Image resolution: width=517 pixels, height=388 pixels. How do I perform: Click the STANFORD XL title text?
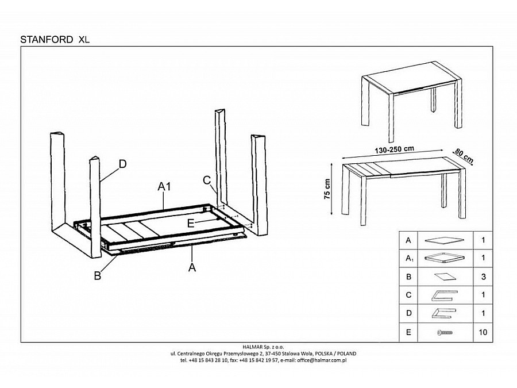pos(55,40)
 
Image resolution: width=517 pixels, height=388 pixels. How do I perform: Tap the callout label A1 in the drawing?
pos(165,186)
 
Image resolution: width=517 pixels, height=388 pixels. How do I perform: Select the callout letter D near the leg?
pos(122,164)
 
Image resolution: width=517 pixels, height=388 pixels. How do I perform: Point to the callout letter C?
pos(207,180)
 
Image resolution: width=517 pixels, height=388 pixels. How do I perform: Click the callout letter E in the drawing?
pos(191,222)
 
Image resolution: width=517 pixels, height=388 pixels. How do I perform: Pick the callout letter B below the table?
pos(98,275)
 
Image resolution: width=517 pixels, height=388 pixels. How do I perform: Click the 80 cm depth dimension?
pos(464,154)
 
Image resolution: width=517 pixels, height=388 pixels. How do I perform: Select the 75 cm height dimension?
pos(327,189)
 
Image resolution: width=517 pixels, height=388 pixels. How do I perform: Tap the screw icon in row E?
pos(443,333)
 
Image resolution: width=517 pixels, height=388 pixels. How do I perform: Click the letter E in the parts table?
pos(408,332)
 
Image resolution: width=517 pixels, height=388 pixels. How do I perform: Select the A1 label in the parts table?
pos(408,259)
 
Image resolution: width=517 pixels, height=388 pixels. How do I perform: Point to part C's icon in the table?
pos(443,295)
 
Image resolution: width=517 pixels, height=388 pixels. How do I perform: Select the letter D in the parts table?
pos(408,314)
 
